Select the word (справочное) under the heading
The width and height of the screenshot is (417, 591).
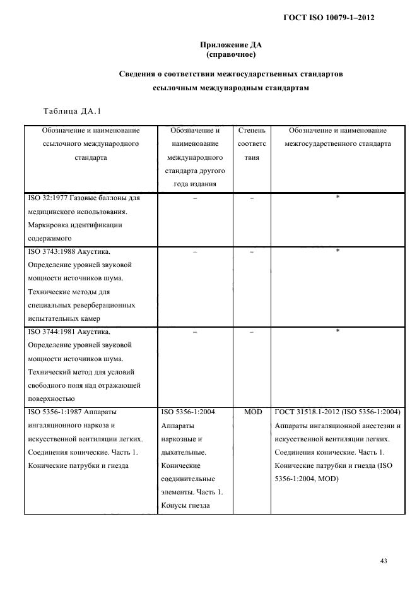coord(230,54)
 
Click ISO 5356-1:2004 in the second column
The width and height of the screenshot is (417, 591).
coord(189,412)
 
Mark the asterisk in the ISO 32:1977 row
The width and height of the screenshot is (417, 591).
coord(338,198)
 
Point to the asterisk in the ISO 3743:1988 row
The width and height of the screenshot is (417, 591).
coord(338,251)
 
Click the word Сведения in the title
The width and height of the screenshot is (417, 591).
coord(140,75)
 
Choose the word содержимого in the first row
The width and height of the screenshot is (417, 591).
coord(50,238)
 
